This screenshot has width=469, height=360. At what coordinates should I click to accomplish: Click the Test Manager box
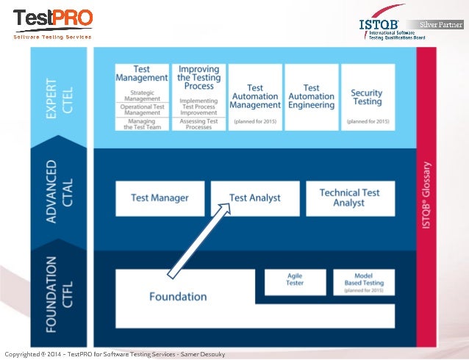click(160, 198)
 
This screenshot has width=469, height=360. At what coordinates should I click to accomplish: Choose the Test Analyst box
click(255, 198)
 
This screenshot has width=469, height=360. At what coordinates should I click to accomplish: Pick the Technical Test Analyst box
click(349, 198)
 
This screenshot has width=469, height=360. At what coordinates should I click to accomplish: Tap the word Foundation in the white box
click(178, 297)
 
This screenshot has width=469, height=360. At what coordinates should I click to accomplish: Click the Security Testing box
click(367, 97)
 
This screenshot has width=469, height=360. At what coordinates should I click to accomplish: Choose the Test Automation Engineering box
click(311, 97)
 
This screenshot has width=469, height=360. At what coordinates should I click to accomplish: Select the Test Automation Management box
click(255, 97)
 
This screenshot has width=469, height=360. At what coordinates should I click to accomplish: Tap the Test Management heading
click(142, 73)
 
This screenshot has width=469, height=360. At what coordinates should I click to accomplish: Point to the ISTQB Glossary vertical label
click(427, 194)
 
